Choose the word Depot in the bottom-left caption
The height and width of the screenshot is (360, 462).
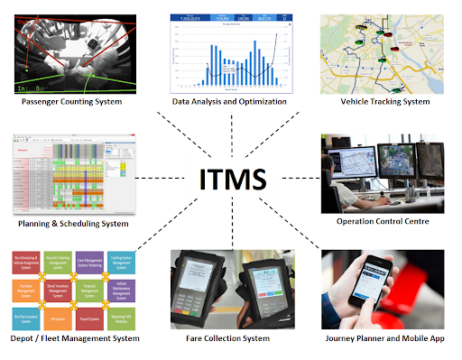(24, 339)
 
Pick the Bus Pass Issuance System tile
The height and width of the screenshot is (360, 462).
(25, 319)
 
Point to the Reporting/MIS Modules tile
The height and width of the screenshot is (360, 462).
(122, 319)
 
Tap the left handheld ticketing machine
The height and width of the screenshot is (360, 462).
(199, 287)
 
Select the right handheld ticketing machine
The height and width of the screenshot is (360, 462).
(268, 289)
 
